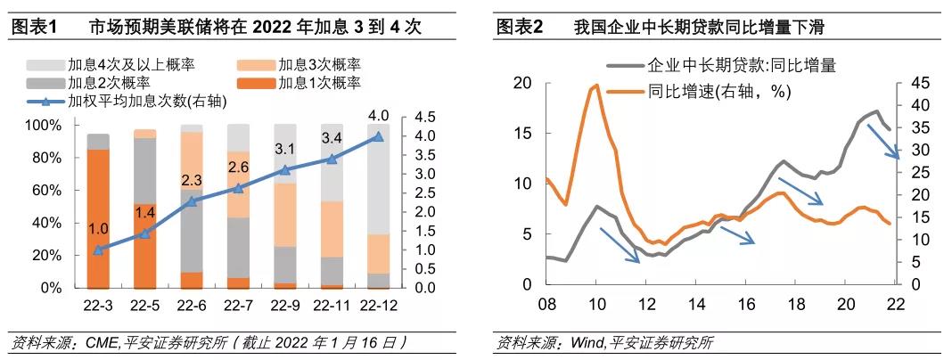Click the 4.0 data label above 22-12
click(x=378, y=116)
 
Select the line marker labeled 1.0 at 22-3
click(x=98, y=250)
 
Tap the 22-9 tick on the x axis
click(x=284, y=306)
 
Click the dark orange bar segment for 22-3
click(x=98, y=218)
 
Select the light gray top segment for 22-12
click(x=377, y=178)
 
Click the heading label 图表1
click(x=34, y=28)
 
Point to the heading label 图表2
click(x=520, y=28)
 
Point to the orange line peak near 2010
click(x=595, y=86)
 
